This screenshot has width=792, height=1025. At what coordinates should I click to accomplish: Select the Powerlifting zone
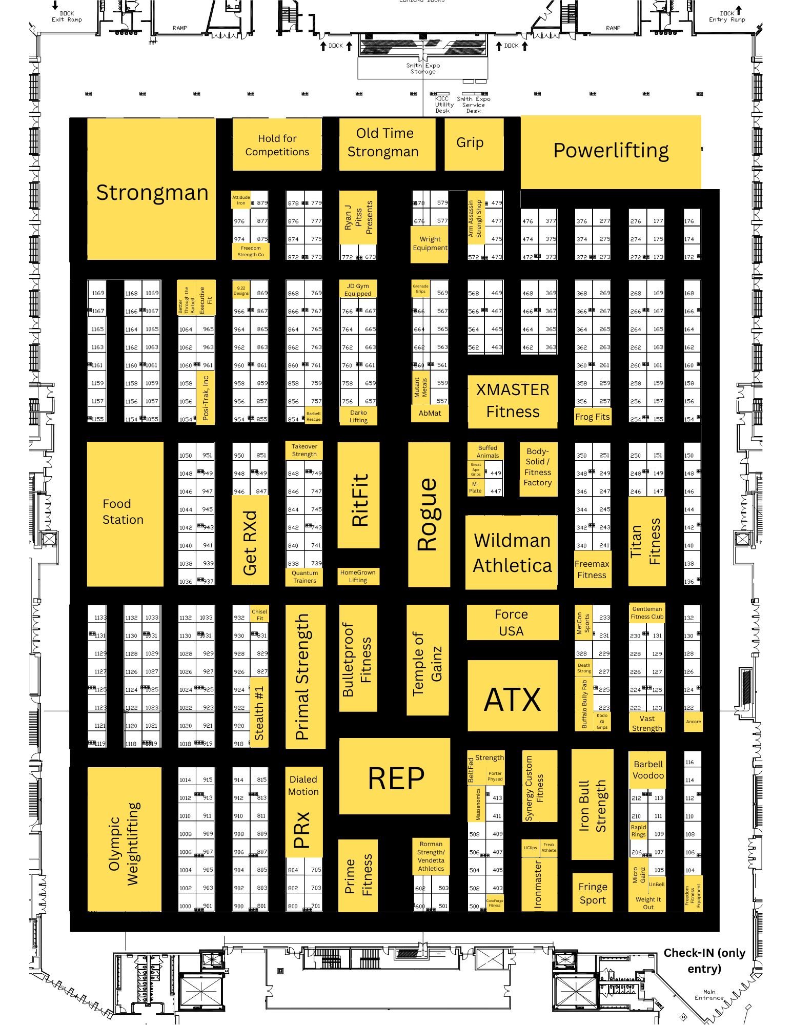click(x=610, y=151)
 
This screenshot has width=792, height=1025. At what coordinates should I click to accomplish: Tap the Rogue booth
click(x=429, y=514)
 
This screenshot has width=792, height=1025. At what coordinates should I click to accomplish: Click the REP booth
click(x=395, y=777)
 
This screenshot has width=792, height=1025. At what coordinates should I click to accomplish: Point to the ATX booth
click(x=512, y=699)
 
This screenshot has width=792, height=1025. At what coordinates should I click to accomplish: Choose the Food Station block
click(x=125, y=513)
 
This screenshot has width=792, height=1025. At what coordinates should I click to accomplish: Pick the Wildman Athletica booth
click(x=512, y=552)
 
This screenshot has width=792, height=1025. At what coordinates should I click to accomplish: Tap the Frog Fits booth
click(x=592, y=417)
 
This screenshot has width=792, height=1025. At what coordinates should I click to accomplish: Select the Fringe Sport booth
click(x=592, y=893)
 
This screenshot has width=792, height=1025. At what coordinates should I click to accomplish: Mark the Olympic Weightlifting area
click(x=124, y=840)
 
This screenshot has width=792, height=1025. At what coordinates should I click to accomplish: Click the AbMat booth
click(x=430, y=413)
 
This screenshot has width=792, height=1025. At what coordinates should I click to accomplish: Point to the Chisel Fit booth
click(x=259, y=614)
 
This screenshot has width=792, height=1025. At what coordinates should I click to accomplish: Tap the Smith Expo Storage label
click(x=423, y=69)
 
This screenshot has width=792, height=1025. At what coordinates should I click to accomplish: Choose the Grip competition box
click(x=474, y=143)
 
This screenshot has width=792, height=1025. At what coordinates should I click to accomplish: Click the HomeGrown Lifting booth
click(x=358, y=576)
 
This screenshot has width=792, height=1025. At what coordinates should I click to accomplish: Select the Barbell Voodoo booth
click(x=647, y=770)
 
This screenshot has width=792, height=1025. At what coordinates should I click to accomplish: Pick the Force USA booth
click(x=512, y=622)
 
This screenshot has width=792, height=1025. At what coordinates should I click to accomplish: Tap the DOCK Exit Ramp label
click(x=67, y=17)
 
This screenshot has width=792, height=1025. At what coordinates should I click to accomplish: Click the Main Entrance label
click(x=709, y=995)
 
